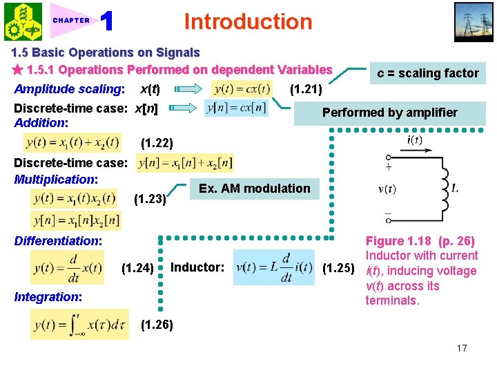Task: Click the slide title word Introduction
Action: coord(248,21)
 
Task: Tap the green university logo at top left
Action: coord(23,21)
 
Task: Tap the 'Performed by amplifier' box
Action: coord(390,113)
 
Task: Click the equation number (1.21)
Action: coord(304,88)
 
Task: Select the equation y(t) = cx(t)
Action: coord(241,89)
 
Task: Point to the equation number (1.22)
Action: coord(156,144)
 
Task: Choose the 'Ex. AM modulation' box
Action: coord(255,189)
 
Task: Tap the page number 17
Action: coord(461,348)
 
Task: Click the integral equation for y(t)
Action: coord(79,325)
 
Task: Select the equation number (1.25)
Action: coord(339,267)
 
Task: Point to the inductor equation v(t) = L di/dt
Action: coord(273,267)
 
